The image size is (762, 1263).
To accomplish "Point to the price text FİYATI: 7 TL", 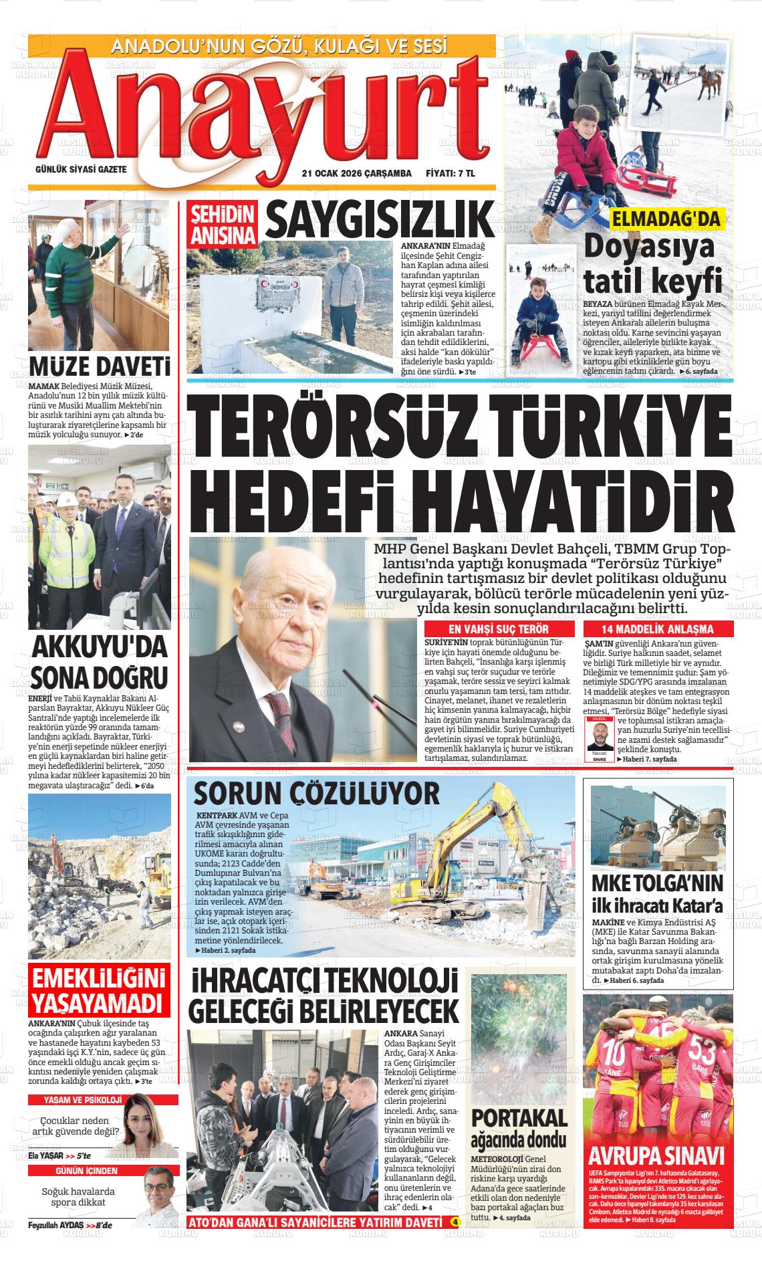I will coord(450,173).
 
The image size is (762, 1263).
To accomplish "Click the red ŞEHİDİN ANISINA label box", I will coord(224,225).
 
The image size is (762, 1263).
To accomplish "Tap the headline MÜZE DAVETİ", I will coord(99,368).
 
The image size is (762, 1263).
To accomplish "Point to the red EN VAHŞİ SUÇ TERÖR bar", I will coord(499,629).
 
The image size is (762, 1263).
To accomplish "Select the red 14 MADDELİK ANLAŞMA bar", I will coord(658,629).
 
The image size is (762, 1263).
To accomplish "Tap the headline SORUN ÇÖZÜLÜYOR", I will coord(316,794).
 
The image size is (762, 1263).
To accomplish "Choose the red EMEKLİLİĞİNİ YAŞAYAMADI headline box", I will coord(99,991).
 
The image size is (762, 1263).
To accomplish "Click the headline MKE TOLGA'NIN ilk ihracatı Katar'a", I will coord(658,894).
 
